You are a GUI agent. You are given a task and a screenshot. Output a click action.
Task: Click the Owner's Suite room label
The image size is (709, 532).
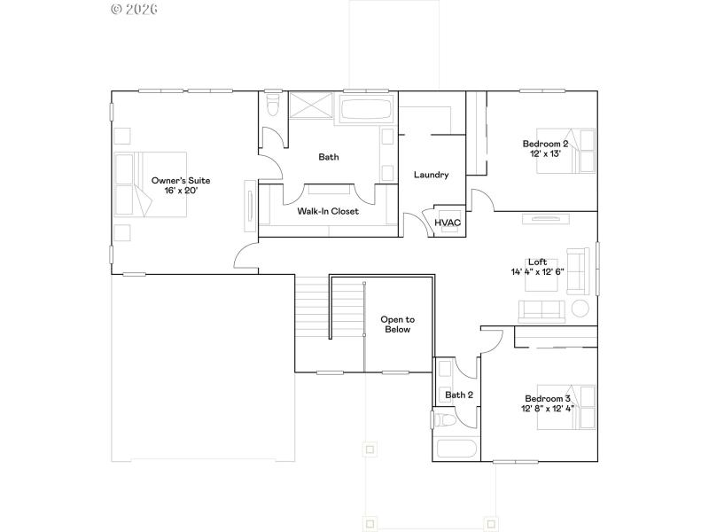point(180,180)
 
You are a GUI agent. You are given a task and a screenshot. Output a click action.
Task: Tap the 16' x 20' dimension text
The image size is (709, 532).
point(180,191)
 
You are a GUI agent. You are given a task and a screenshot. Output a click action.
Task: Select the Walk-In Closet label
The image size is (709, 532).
point(328,211)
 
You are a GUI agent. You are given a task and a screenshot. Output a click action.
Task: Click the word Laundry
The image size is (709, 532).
point(432,175)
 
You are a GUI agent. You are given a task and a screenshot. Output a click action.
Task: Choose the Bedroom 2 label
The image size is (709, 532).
point(545,144)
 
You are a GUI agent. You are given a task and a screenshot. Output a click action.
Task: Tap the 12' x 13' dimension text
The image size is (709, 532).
point(545,154)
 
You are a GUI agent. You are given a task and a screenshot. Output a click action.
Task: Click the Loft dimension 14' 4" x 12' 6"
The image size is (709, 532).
point(537,272)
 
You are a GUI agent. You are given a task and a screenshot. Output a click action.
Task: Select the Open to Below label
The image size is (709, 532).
point(396,324)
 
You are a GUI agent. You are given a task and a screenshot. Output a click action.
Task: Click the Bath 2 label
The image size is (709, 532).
point(459,395)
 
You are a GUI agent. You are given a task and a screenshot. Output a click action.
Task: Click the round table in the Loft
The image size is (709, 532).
point(581,309)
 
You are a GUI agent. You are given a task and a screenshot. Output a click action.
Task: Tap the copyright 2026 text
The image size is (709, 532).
point(135,9)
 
